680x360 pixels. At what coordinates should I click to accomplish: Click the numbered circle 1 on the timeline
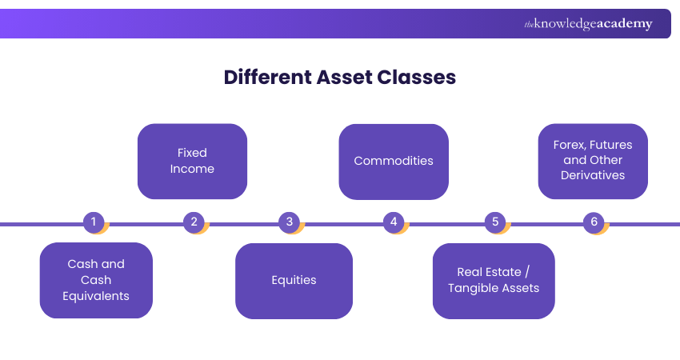pos(94,222)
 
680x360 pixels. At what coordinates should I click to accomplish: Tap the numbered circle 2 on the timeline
pos(194,222)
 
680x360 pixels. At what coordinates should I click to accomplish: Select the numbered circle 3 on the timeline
pos(290,222)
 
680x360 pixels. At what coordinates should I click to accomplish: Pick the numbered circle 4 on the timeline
pos(393,222)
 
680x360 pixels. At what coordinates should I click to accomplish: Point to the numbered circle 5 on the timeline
pos(494,222)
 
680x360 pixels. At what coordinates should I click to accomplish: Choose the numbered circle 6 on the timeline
pos(594,222)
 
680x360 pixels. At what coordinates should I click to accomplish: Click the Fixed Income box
pos(192,161)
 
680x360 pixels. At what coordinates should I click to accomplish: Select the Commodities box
pos(394,161)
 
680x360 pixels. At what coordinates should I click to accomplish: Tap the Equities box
pos(294,281)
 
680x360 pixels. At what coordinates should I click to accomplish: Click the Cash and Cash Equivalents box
pos(96,280)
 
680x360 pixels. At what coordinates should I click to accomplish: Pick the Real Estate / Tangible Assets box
pos(494,281)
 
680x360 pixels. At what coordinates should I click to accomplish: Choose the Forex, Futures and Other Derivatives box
pos(593,161)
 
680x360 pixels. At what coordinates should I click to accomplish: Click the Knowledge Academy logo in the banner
pos(588,24)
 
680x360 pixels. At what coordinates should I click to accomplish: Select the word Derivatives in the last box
pos(593,175)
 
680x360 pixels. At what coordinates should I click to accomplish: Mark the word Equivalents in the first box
pos(96,296)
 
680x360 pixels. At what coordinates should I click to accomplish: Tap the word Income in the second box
pos(192,169)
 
